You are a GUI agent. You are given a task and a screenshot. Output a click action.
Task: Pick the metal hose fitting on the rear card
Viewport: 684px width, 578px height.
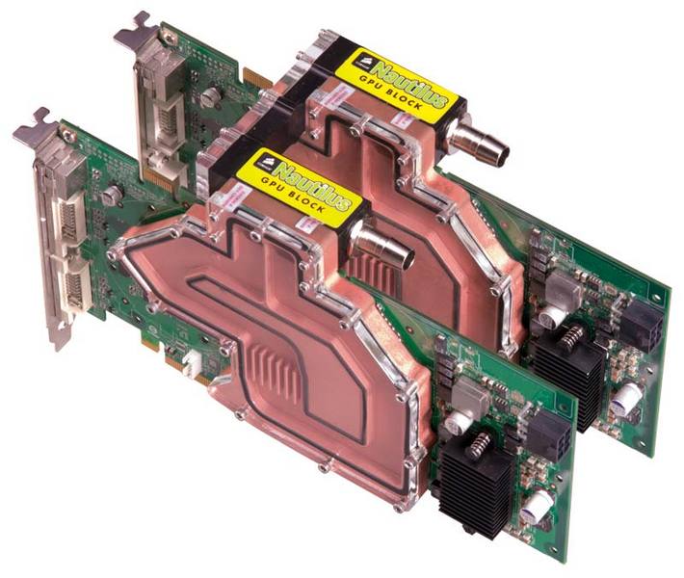[491, 144]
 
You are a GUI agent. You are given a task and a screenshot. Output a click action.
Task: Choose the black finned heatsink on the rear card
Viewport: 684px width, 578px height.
[569, 371]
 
